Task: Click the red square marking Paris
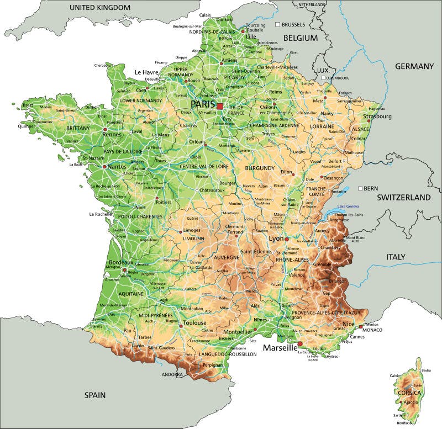pyautogui.click(x=220, y=105)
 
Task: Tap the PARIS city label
pyautogui.click(x=203, y=104)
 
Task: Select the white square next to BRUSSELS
pyautogui.click(x=278, y=25)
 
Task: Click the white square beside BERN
pyautogui.click(x=361, y=188)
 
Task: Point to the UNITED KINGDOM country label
pyautogui.click(x=100, y=8)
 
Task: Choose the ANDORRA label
pyautogui.click(x=172, y=374)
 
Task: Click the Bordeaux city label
pyautogui.click(x=121, y=262)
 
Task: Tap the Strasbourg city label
pyautogui.click(x=377, y=116)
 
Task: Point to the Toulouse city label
pyautogui.click(x=195, y=322)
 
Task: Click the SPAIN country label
pyautogui.click(x=94, y=395)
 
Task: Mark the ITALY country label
pyautogui.click(x=396, y=257)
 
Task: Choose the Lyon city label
pyautogui.click(x=276, y=239)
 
